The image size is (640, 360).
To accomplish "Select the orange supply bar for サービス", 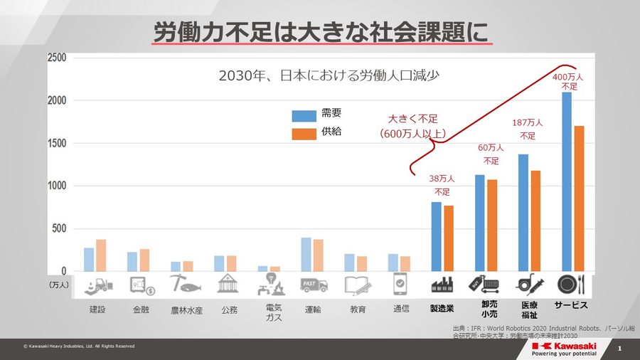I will pos(580,198).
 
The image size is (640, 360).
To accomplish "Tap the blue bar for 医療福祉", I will pos(523,213).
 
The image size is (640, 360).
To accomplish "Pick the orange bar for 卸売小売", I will pos(492,225).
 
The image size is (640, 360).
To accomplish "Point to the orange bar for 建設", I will pos(100,255).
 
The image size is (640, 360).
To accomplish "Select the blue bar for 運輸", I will pos(306,254).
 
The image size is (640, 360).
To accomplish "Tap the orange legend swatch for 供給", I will pos(304,133).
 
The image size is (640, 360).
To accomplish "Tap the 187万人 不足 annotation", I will pos(528,129).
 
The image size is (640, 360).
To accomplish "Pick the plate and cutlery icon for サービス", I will pos(570,285).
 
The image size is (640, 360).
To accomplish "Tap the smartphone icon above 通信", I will pos(400,285).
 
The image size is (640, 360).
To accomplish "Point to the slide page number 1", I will pos(620,349).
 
